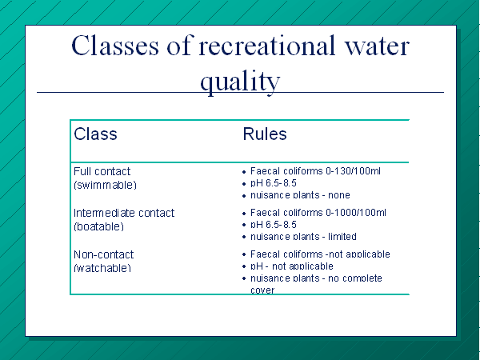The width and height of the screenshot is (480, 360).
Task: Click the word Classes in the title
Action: pos(115,46)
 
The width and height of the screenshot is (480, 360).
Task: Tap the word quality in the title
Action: pos(240,82)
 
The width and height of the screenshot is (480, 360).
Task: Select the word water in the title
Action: pos(377,46)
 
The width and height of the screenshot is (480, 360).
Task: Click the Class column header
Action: pos(95,134)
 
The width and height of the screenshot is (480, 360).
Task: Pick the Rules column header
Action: pos(265,134)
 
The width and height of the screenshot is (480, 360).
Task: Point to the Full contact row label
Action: pos(102,171)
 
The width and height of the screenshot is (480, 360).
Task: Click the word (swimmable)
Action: pos(105,185)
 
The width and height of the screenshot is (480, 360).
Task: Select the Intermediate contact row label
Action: pos(124,213)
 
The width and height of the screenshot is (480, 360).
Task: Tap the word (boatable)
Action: pos(99,226)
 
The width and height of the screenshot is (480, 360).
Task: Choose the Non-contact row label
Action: pos(104,254)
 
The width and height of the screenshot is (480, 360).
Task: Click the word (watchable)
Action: pos(102,268)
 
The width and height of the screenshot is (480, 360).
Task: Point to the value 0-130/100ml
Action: pos(354,171)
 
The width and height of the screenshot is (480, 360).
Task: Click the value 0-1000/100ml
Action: pos(356,213)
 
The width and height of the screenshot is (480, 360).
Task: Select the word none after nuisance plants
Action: pos(339,195)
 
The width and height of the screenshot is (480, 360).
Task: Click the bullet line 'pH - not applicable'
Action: pos(292,266)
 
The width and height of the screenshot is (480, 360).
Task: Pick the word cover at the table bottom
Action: pos(262,290)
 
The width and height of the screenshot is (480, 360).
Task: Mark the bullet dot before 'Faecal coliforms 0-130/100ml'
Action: pos(244,172)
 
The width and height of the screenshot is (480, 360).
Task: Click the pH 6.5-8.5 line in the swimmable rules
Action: pos(274,183)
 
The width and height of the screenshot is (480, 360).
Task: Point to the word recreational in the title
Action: pos(267,46)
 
